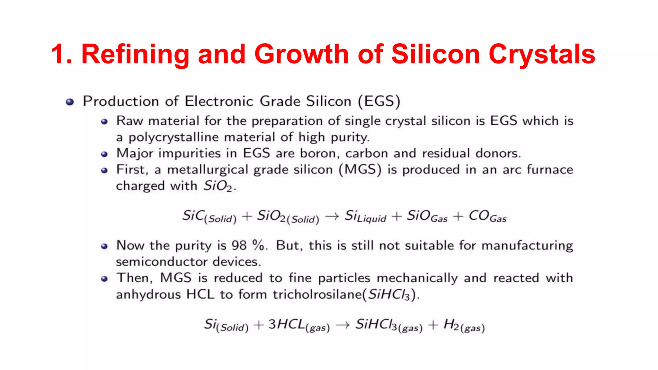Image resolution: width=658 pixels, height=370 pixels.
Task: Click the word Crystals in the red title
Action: (542, 55)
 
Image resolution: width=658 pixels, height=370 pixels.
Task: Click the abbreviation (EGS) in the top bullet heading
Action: (379, 101)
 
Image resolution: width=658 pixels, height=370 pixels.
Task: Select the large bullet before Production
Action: (70, 102)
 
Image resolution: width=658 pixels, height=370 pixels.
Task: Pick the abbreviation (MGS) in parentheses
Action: (360, 170)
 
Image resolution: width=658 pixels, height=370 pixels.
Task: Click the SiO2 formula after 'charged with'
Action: (218, 186)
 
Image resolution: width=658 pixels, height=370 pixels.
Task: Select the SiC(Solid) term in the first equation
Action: (209, 216)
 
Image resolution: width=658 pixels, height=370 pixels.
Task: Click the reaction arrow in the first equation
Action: (332, 216)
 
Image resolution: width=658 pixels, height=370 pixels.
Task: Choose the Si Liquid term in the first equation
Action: (365, 216)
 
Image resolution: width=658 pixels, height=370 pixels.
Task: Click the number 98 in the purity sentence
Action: (239, 246)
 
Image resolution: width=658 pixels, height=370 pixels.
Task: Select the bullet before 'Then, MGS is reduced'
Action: (104, 279)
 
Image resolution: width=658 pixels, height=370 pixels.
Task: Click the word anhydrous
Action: (148, 294)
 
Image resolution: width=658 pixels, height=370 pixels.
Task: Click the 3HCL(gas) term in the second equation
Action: (299, 325)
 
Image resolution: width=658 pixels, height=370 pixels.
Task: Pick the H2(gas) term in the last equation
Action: (464, 325)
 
